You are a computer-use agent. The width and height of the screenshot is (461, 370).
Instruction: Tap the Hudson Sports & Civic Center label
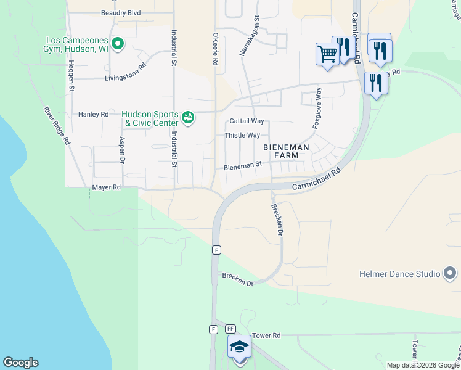(x=150, y=118)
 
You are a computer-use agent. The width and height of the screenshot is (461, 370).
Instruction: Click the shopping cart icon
(x=327, y=54)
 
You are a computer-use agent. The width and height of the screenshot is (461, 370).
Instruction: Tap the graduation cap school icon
(x=239, y=347)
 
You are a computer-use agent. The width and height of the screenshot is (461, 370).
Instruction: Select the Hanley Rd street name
(x=93, y=115)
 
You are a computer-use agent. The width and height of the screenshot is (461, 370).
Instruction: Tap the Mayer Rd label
(x=106, y=187)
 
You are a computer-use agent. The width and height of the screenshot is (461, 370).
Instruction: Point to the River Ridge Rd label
(x=56, y=126)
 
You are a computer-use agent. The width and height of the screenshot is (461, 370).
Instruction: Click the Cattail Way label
(x=247, y=121)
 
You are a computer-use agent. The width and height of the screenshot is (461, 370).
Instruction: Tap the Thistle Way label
(x=242, y=136)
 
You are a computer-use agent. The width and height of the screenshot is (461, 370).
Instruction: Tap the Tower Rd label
(x=266, y=335)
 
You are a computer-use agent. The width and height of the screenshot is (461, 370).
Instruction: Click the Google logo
(x=20, y=363)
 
